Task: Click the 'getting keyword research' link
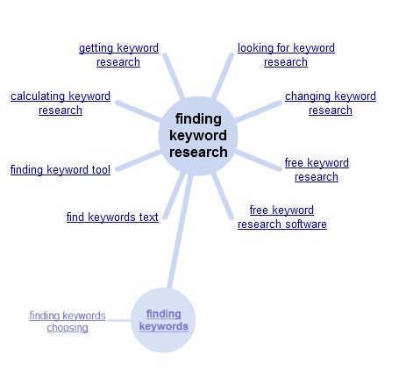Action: (118, 55)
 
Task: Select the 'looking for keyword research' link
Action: (286, 55)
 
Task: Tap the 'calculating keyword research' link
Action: (61, 103)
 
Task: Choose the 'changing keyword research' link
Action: (331, 103)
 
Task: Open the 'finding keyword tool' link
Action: (61, 170)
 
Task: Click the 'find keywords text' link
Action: (112, 217)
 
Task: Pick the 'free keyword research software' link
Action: (282, 217)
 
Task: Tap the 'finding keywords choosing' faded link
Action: (68, 322)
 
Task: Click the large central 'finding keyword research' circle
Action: (198, 136)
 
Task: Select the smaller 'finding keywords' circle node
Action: (163, 320)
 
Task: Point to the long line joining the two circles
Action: (180, 232)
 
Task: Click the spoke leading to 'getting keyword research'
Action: (174, 76)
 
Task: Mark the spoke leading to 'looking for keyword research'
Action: (223, 76)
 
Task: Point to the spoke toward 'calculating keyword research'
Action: (139, 111)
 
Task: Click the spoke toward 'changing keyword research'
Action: (258, 111)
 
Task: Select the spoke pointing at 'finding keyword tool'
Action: (139, 160)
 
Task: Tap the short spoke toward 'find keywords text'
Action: (174, 196)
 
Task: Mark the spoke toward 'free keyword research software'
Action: (223, 196)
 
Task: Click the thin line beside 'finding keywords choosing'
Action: (119, 320)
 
